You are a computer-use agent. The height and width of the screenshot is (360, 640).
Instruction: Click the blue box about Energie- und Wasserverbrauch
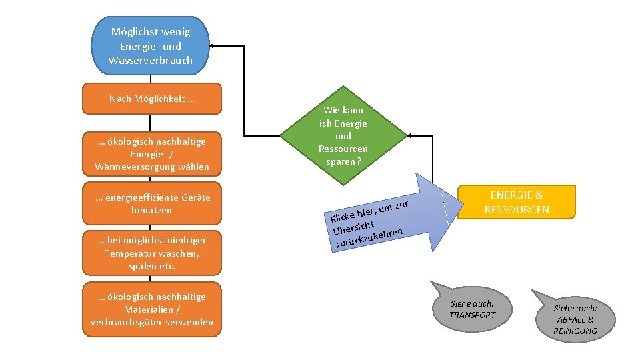tap(151, 45)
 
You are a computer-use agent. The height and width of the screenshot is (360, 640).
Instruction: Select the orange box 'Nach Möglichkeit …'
tap(151, 99)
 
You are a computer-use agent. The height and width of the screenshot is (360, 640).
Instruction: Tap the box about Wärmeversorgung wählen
tap(151, 154)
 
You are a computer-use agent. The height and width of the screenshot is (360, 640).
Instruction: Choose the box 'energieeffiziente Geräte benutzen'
tap(151, 203)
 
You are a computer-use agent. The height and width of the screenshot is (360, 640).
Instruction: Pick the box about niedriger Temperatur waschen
tap(151, 253)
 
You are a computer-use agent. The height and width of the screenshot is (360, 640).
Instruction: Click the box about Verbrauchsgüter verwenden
tap(151, 309)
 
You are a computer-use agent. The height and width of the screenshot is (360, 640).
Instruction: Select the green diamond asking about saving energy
tap(343, 135)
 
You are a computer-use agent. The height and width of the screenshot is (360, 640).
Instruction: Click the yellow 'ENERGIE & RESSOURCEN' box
tap(517, 202)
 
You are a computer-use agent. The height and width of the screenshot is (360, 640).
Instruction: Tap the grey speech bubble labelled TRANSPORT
tap(472, 307)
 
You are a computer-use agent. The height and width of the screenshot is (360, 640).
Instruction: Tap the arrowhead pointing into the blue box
tap(213, 46)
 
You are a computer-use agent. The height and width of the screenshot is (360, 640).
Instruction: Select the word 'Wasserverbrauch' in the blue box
tap(150, 60)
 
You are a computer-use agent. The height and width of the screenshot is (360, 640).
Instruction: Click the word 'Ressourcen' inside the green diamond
tap(343, 149)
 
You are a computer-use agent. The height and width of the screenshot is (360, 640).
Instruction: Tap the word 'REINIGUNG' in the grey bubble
tap(575, 331)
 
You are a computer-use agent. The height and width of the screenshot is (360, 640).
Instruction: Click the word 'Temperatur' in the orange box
tap(129, 253)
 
